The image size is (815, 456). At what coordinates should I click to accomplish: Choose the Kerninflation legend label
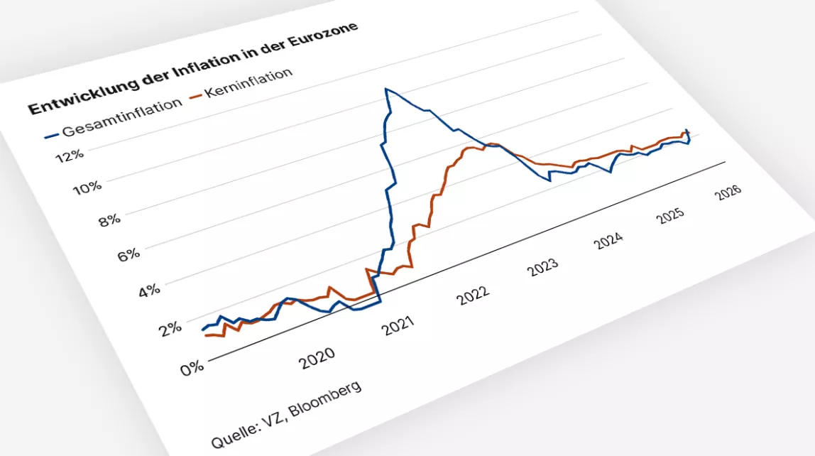coord(248,83)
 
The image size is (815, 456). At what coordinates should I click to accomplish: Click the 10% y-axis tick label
coord(87,188)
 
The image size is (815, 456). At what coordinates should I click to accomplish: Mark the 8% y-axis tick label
coord(109,220)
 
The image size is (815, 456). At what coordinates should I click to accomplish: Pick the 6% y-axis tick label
coord(129,254)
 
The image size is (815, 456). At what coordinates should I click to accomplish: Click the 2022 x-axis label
coord(474,294)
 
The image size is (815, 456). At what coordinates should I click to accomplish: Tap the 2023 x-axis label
coord(544,266)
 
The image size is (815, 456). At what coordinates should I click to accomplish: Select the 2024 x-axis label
coord(609,240)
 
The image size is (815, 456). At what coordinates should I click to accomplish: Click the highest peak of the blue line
coord(386,89)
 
